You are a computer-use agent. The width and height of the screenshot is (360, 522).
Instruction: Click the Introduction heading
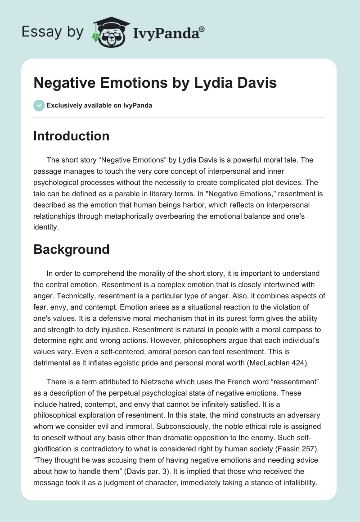point(71,136)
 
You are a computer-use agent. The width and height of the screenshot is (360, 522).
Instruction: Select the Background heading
point(71,249)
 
